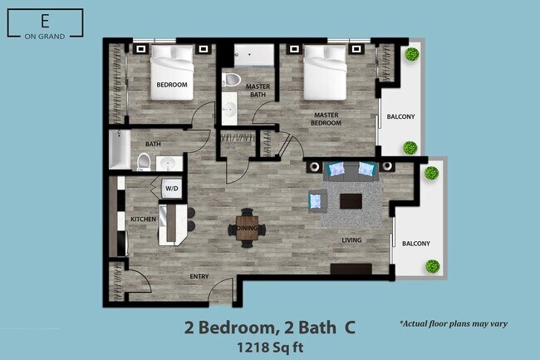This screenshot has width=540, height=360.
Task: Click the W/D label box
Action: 172,189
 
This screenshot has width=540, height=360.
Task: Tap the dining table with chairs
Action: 248,227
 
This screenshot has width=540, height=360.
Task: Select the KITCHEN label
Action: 143,219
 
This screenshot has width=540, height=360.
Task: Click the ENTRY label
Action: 199,276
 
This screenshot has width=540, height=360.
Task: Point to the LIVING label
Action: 352,241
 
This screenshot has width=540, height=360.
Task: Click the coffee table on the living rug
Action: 351,200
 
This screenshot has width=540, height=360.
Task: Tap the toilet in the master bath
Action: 232,81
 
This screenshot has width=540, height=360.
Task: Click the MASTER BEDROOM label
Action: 326,119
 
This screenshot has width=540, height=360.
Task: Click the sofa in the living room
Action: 352,170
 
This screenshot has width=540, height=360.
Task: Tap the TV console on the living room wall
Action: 351,269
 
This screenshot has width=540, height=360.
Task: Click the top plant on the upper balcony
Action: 410,55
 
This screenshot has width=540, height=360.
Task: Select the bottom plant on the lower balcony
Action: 432,267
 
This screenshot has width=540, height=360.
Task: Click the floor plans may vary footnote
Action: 453,323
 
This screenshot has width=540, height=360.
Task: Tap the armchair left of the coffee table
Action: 317,200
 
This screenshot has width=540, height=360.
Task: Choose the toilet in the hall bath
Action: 144,160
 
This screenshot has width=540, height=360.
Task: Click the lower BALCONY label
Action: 416,244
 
